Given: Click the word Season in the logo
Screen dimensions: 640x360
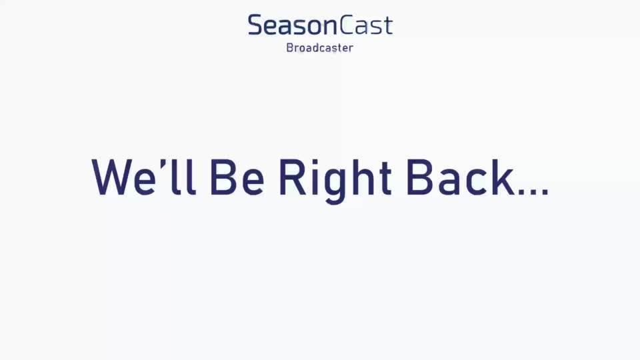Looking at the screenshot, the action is (x=292, y=25).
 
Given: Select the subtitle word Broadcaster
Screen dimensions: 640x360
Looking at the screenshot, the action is (x=319, y=48).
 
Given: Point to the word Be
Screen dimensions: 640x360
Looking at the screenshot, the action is (x=237, y=178).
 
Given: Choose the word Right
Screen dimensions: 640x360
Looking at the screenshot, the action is (x=335, y=180).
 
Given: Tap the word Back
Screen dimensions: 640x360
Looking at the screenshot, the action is (x=460, y=177).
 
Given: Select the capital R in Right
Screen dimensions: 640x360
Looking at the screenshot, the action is (x=293, y=178).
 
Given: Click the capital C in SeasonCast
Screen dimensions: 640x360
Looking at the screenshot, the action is (x=347, y=25).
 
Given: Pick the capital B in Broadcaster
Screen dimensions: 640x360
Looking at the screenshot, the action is (x=290, y=48).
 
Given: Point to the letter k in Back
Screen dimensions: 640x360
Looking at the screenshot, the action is (x=503, y=177).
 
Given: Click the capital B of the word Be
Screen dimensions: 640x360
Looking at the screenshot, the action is (x=223, y=178).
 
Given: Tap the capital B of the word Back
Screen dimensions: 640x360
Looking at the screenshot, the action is (x=420, y=178).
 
